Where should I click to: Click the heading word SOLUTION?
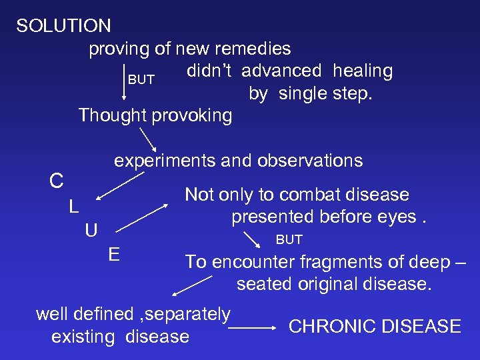(64, 26)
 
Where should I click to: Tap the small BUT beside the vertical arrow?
(141, 80)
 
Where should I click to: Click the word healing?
(363, 71)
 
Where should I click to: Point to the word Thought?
(112, 115)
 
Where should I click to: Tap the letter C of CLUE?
(57, 181)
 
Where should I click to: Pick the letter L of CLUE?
(74, 207)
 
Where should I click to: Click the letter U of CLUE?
(91, 231)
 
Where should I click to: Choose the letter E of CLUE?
(114, 255)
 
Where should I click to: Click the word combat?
(307, 195)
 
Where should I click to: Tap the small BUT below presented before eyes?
(289, 239)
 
